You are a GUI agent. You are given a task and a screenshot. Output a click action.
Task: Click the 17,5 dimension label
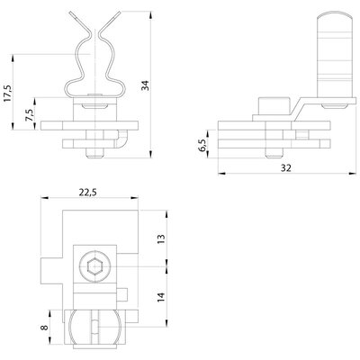point(8,93)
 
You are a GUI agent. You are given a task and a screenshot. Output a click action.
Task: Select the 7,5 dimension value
point(30,114)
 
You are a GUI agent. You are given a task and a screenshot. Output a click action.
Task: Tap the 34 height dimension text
point(146,85)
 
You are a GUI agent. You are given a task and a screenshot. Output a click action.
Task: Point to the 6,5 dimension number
point(203,146)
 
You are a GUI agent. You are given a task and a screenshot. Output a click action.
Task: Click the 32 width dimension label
point(286,168)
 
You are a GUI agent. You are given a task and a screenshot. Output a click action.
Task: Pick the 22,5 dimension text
point(88,193)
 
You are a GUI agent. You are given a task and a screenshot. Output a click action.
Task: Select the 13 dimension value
point(161,238)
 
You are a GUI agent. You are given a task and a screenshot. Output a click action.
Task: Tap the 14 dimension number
point(161,297)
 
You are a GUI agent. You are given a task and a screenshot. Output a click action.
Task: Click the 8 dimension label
point(44,327)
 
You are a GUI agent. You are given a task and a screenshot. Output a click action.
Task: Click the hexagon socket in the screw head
point(94,266)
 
